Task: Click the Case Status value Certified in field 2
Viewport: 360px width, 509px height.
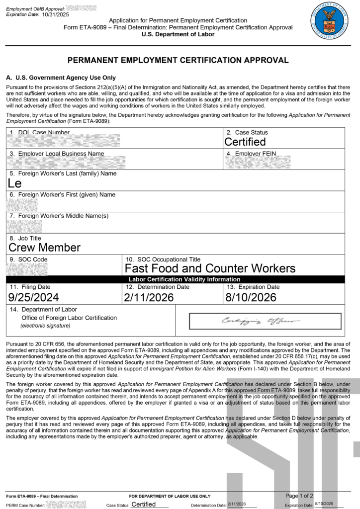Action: coord(245,142)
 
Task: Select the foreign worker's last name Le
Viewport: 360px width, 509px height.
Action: coord(15,183)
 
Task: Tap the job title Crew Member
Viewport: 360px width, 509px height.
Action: coord(45,247)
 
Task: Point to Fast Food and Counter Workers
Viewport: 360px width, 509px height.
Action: coord(210,268)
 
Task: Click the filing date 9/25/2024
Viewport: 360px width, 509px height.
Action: coord(34,297)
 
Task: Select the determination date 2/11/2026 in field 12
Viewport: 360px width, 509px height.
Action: coord(150,297)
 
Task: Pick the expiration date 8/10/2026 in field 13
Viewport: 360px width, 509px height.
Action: coord(251,297)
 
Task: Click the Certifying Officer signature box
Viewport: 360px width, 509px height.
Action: coord(265,321)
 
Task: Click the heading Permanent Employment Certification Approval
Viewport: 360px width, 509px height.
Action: coord(178,60)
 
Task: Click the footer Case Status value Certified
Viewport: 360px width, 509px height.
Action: coord(143,505)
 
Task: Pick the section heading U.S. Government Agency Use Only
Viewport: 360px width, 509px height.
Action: coord(61,78)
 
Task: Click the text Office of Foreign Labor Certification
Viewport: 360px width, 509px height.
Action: coord(69,318)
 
